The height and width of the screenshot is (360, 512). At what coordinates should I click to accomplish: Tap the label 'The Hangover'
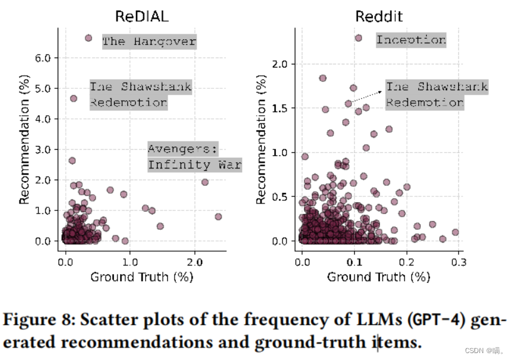tap(149, 42)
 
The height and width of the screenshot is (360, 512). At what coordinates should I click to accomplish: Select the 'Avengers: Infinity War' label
tap(194, 157)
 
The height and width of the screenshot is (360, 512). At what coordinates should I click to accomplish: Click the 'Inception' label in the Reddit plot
tap(411, 40)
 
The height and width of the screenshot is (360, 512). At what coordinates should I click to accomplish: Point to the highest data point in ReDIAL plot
tap(88, 38)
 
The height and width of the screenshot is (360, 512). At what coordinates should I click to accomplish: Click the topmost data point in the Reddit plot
tap(359, 38)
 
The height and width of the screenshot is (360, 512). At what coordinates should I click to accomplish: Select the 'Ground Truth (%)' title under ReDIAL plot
tap(141, 275)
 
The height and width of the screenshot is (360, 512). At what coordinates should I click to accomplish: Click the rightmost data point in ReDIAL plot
tap(218, 217)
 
